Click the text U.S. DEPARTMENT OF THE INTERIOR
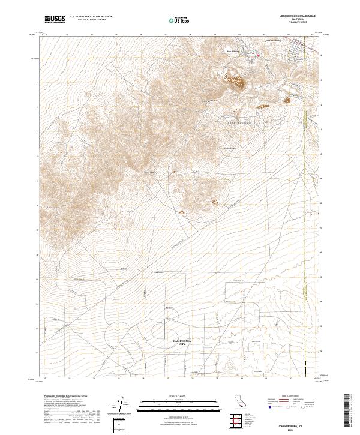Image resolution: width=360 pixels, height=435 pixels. point(91,17)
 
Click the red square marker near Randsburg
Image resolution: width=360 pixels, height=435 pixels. point(259,56)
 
